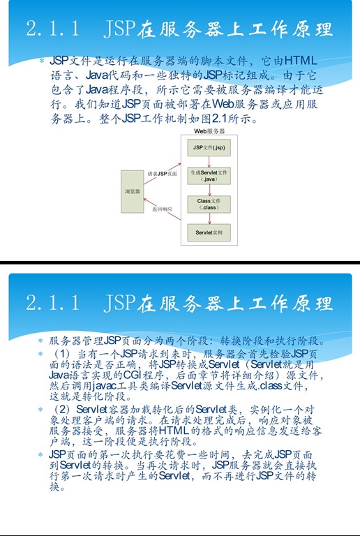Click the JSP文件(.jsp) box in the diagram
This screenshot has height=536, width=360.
[x=209, y=148]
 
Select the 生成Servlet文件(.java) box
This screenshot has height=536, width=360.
[x=209, y=176]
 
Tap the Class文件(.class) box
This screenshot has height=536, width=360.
[x=209, y=204]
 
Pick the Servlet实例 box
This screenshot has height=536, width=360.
[x=209, y=232]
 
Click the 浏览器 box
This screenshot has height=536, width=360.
[x=132, y=191]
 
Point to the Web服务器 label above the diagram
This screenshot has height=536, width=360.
[x=209, y=131]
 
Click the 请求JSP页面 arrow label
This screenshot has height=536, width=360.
[x=163, y=174]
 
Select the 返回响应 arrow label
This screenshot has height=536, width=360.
[x=163, y=209]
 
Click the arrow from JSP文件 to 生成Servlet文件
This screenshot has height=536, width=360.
[x=209, y=162]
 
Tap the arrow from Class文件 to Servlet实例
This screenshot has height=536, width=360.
[x=209, y=218]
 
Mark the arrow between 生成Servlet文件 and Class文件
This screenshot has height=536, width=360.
[x=209, y=190]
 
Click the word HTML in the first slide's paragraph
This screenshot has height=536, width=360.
[x=301, y=61]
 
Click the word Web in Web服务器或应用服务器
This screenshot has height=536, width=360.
[x=223, y=103]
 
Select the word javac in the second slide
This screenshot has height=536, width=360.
[x=105, y=385]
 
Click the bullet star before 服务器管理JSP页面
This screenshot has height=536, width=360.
[x=40, y=341]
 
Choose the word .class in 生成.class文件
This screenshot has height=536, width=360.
[x=269, y=386]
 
